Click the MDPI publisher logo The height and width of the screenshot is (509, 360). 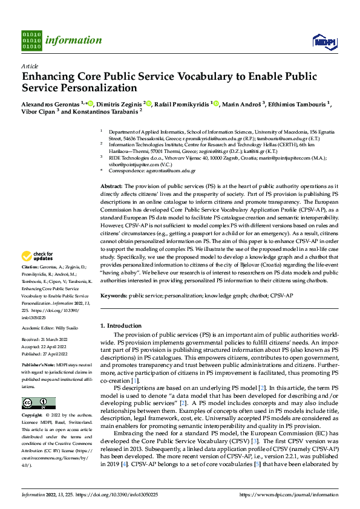324,41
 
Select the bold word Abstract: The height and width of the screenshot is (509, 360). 111,186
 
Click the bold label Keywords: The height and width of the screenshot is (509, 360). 113,296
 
